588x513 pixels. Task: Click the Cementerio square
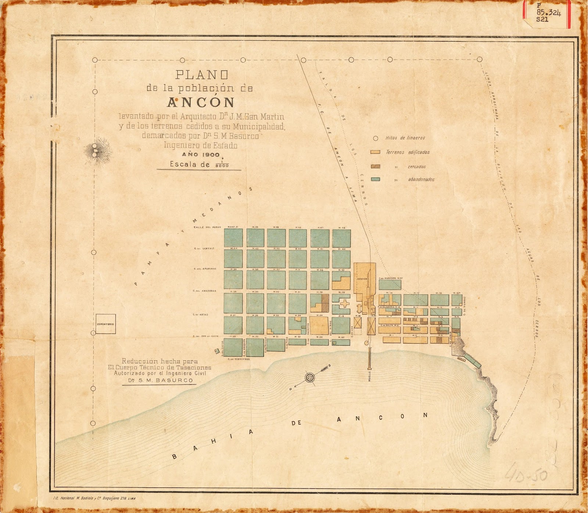(x=106, y=324)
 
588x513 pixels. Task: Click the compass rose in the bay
(x=310, y=378)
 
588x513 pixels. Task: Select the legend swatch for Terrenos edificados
(x=375, y=152)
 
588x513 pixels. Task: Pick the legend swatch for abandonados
(x=375, y=179)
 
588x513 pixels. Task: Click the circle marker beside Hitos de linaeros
(x=375, y=138)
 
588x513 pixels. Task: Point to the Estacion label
(x=362, y=279)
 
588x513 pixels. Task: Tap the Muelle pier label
(x=370, y=377)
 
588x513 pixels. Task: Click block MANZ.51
(x=233, y=238)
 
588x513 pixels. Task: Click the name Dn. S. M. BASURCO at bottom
(x=159, y=380)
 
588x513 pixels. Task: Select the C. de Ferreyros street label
(x=238, y=359)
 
